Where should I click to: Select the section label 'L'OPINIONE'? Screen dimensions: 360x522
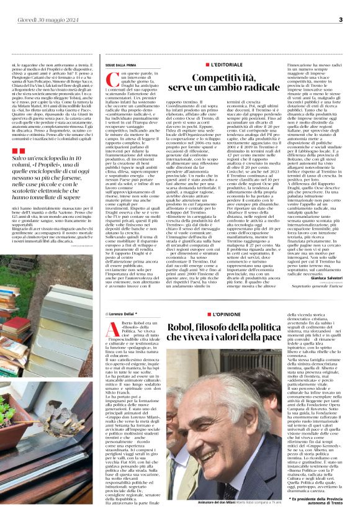point(227,315)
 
